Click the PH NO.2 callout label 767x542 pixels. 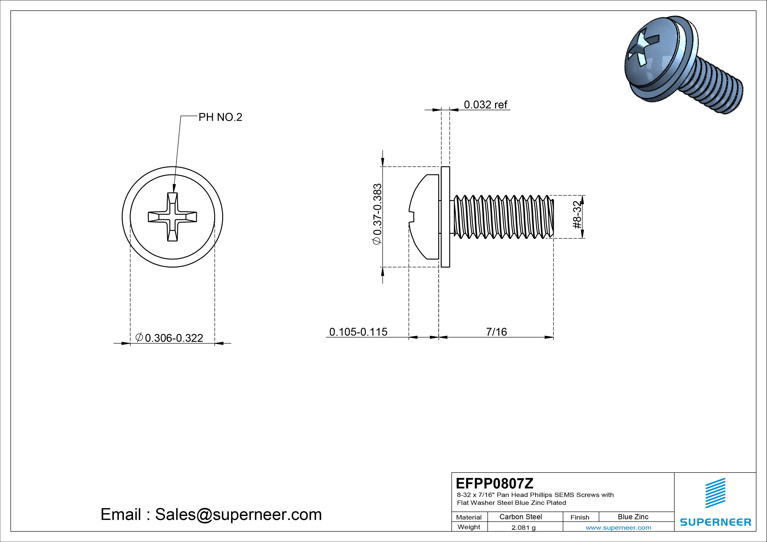[220, 117]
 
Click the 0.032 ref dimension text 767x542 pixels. [485, 105]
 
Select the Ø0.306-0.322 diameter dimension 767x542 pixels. [169, 338]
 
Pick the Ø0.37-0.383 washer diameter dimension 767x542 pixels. [377, 214]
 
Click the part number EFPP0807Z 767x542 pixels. [494, 483]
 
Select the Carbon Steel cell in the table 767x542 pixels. [520, 517]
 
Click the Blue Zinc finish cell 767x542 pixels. [633, 517]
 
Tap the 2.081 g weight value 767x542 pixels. [523, 528]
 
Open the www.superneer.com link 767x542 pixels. [618, 528]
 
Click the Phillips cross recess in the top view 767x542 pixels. [172, 217]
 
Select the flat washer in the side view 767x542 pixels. [445, 217]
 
